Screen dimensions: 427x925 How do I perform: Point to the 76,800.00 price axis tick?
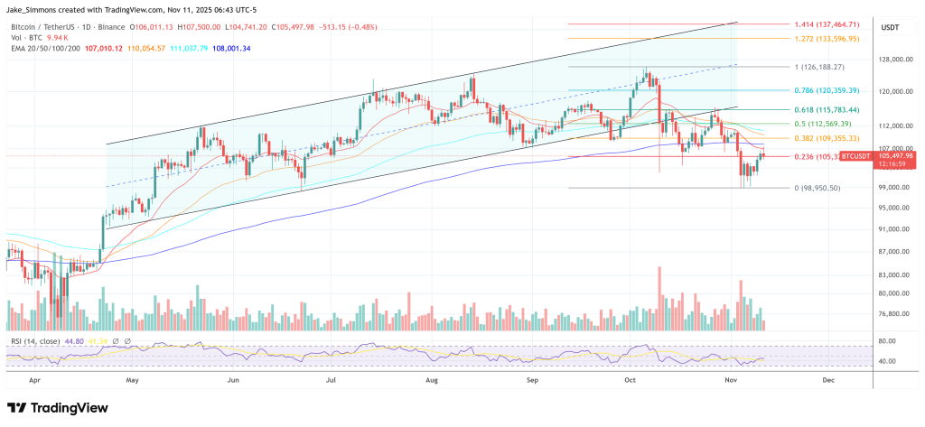895,314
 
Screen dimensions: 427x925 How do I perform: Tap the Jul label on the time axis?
332,380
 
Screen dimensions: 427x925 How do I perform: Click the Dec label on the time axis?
827,380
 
